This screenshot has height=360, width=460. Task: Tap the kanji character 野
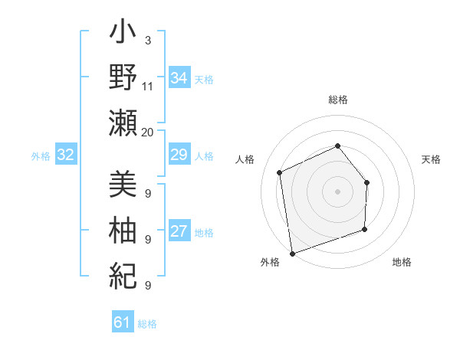click(x=123, y=78)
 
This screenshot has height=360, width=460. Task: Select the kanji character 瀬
click(x=123, y=122)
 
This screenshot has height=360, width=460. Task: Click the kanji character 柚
click(x=123, y=229)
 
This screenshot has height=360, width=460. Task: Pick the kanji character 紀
click(x=123, y=273)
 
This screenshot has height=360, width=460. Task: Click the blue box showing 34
click(x=179, y=78)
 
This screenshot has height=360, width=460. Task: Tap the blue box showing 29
click(x=179, y=155)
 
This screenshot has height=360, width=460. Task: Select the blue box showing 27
click(x=179, y=231)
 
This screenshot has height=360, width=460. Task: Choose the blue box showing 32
click(x=66, y=155)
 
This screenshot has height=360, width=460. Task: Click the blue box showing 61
click(x=123, y=322)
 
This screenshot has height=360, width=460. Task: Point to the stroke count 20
click(x=148, y=132)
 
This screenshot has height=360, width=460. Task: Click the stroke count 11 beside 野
click(x=148, y=86)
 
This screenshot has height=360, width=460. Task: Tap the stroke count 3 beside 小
click(x=147, y=40)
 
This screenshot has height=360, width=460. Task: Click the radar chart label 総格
click(x=338, y=100)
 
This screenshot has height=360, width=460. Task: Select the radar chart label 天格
click(x=432, y=159)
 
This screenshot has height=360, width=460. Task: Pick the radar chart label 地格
click(x=402, y=262)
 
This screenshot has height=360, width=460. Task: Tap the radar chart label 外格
click(x=270, y=262)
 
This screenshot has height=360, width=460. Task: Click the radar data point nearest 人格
click(x=280, y=172)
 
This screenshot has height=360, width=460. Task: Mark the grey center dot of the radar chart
click(x=337, y=191)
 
